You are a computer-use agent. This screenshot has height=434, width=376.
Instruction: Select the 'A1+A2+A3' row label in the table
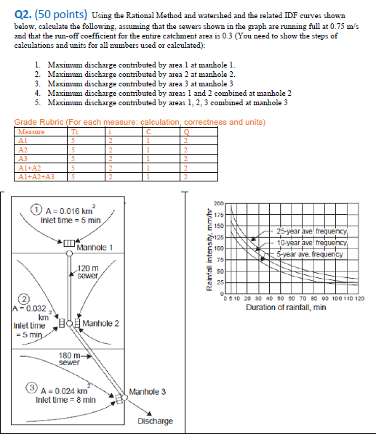pyautogui.click(x=33, y=175)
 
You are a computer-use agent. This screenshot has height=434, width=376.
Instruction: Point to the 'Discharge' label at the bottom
pyautogui.click(x=155, y=421)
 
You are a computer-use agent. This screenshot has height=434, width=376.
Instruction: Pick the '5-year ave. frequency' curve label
pyautogui.click(x=311, y=254)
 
